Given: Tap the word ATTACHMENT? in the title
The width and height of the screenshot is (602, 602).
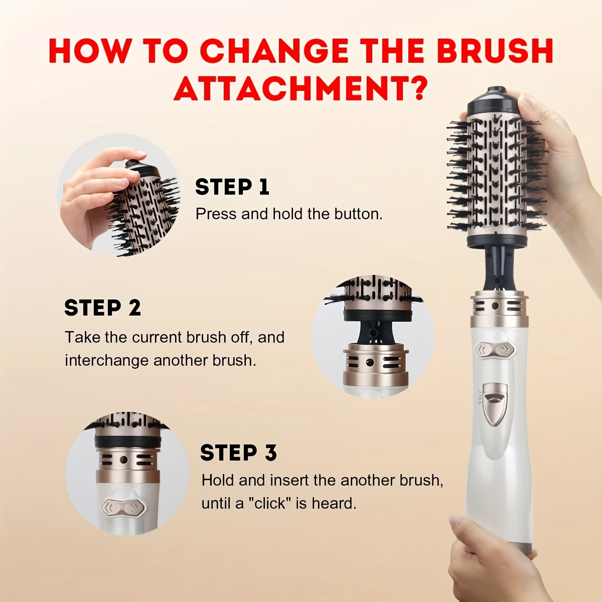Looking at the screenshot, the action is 300,88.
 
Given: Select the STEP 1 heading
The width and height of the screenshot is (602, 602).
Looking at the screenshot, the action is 232,187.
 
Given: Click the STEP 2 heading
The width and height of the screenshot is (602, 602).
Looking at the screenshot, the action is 102,308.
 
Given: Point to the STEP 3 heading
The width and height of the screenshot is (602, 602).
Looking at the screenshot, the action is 238,453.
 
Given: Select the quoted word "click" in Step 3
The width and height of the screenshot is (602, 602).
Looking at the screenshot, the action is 269,504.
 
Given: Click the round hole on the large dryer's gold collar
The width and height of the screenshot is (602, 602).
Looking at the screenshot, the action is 495,306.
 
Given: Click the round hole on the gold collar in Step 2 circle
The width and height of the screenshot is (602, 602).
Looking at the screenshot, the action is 370,363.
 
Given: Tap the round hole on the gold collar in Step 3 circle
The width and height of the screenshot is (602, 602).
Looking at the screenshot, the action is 124,460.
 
